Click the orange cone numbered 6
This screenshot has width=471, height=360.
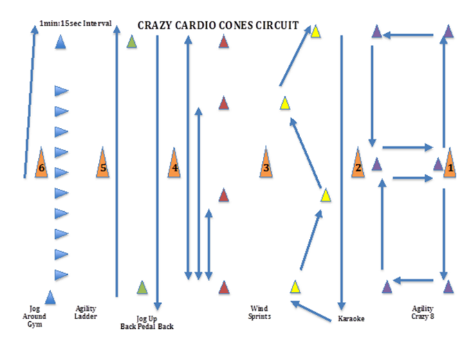(x=40, y=164)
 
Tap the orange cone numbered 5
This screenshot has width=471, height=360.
(x=103, y=164)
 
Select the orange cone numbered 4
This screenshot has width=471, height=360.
(x=174, y=164)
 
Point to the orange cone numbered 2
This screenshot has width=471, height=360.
(x=358, y=164)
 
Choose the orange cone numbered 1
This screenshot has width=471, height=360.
(x=450, y=164)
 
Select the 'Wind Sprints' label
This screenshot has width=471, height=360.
(x=260, y=312)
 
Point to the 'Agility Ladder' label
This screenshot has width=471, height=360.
(x=86, y=312)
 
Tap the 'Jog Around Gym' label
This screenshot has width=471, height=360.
(x=38, y=316)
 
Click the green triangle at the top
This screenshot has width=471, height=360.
(x=132, y=42)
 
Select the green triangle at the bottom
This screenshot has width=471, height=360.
(x=142, y=287)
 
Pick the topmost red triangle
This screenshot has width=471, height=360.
(x=223, y=42)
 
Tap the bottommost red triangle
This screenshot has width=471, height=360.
(x=223, y=287)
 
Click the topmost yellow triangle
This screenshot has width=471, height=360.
(x=315, y=31)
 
